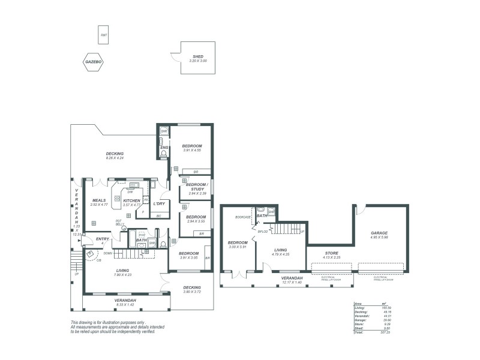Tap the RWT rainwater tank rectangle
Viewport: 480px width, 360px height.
point(104,35)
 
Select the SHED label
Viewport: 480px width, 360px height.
point(198,56)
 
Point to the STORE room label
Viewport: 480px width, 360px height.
point(331,253)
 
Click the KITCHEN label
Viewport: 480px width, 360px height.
point(131,200)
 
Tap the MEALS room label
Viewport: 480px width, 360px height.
point(99,200)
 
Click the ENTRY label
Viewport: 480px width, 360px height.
point(103,239)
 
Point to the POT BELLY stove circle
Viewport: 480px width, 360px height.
point(124,228)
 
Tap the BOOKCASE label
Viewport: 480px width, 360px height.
point(243,217)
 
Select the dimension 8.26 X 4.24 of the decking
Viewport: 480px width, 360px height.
point(115,158)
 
